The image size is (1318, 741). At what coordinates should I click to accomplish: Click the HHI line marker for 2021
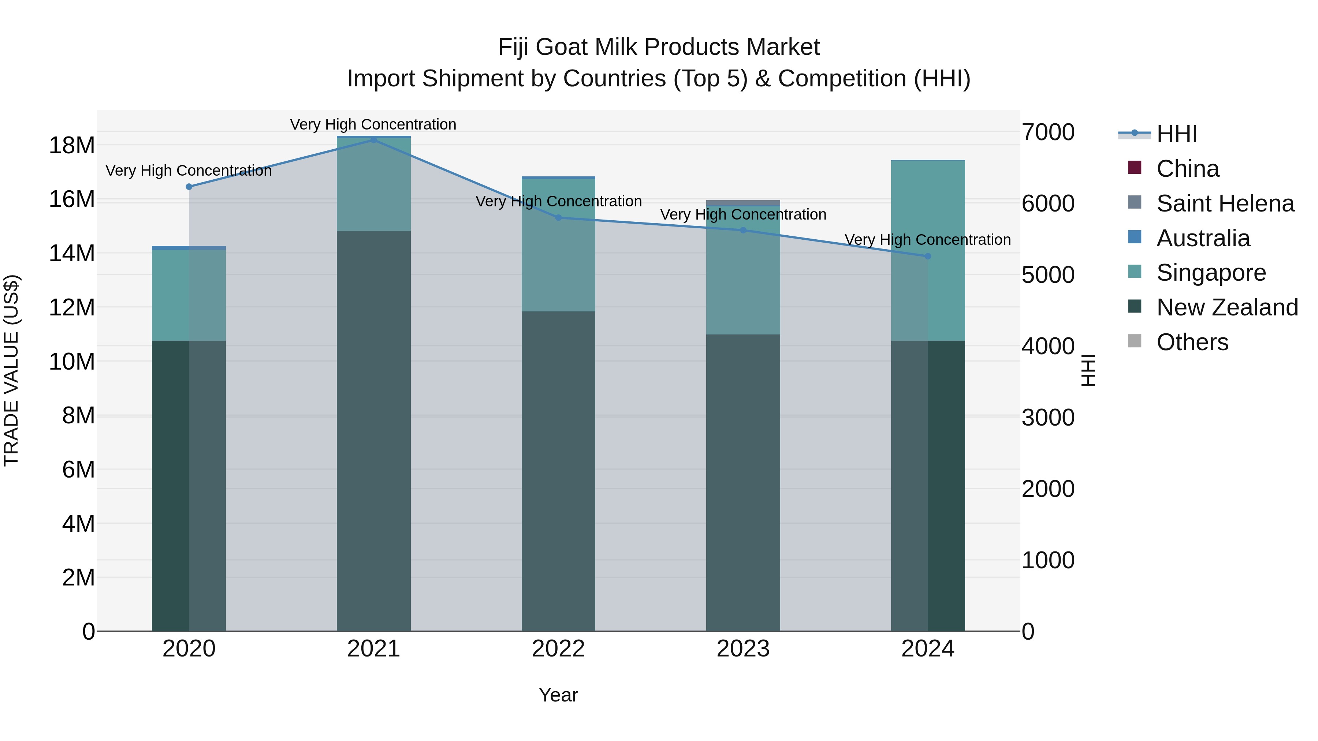tap(373, 140)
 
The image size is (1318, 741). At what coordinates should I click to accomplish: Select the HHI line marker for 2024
tap(928, 256)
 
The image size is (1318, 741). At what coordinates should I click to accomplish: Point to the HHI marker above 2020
tap(189, 187)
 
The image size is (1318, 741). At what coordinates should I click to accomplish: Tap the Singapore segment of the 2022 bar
tap(558, 246)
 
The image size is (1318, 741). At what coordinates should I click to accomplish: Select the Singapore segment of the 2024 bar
tap(928, 251)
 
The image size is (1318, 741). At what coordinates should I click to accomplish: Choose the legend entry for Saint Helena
tap(1225, 203)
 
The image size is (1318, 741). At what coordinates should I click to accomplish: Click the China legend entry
tap(1187, 169)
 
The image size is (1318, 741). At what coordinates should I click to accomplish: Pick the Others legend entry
tap(1192, 342)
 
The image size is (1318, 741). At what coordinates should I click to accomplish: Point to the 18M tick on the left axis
tap(72, 146)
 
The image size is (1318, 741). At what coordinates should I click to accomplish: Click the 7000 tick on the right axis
tap(1048, 132)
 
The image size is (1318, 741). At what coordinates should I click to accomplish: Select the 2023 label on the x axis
tap(743, 649)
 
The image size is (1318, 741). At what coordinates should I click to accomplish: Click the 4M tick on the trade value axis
tap(78, 524)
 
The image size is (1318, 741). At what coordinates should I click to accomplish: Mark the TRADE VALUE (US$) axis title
tap(11, 370)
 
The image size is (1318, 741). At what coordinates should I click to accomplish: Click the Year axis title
tap(558, 695)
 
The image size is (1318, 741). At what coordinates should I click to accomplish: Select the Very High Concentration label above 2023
tap(743, 214)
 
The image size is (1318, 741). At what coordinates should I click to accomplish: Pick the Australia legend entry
tap(1203, 238)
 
